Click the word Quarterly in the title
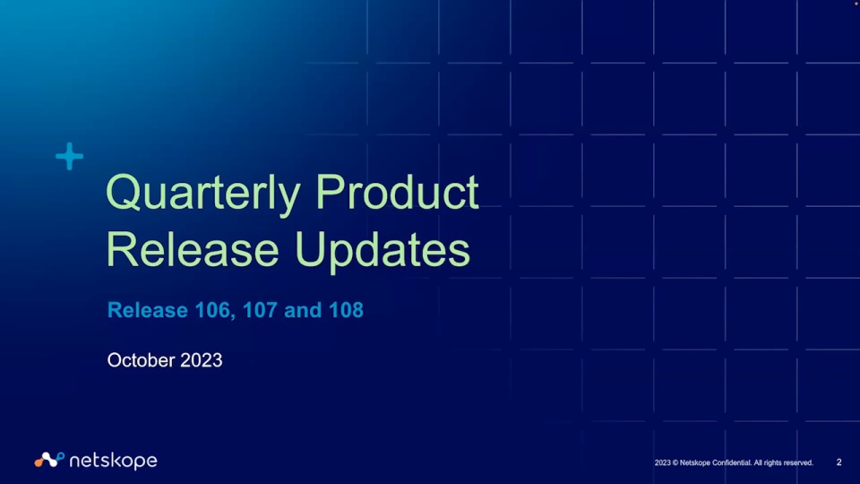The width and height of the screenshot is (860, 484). click(x=203, y=194)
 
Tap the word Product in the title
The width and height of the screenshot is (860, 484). click(x=397, y=192)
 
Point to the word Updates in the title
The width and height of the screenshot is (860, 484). click(x=383, y=252)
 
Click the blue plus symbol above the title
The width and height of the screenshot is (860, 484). click(x=70, y=156)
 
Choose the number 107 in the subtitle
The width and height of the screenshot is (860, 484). click(x=260, y=310)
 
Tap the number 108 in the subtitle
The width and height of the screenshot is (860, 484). click(x=346, y=310)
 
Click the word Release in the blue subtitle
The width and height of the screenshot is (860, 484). click(x=148, y=310)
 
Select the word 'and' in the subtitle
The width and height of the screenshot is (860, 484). click(x=303, y=310)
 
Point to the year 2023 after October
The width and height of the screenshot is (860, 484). click(x=202, y=360)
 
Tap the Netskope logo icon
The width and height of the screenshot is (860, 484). click(x=49, y=460)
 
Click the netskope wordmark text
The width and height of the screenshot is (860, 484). click(x=114, y=461)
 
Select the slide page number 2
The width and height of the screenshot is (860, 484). click(x=838, y=462)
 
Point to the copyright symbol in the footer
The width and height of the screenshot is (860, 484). click(x=675, y=462)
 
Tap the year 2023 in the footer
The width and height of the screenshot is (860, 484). click(x=663, y=462)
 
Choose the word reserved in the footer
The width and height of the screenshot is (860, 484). click(x=797, y=462)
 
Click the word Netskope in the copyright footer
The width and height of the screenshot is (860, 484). click(x=695, y=462)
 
